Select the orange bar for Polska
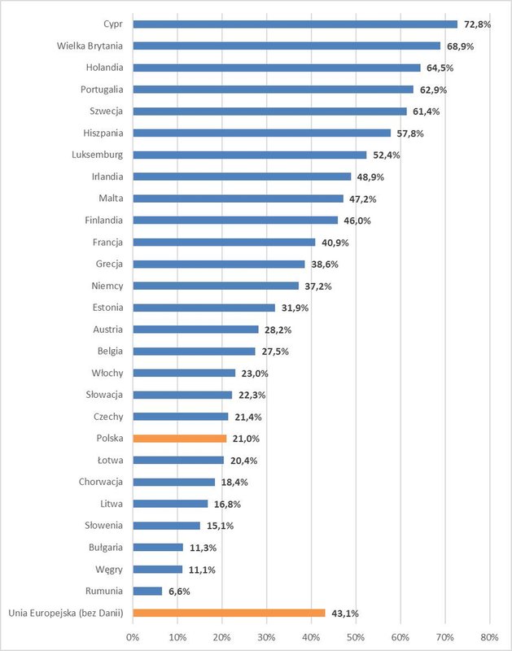(179, 439)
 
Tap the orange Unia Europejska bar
(229, 613)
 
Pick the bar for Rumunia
(147, 591)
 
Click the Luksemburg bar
(249, 155)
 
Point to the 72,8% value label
(478, 24)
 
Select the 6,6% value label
(179, 592)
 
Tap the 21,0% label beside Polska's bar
(245, 439)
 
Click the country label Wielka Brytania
(90, 46)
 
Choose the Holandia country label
(103, 68)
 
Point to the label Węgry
(107, 569)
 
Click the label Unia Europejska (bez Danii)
(65, 613)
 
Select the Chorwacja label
(101, 482)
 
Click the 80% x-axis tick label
(489, 637)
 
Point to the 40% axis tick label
(311, 637)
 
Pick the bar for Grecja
(218, 264)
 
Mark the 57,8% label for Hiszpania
(410, 133)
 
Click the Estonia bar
(203, 308)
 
